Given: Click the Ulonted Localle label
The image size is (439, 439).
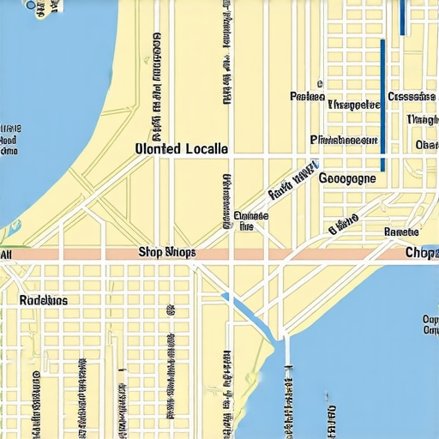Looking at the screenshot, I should pyautogui.click(x=182, y=148).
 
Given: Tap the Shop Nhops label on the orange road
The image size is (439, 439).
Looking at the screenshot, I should pyautogui.click(x=167, y=253).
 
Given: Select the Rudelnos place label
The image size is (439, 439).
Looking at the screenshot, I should pyautogui.click(x=43, y=301).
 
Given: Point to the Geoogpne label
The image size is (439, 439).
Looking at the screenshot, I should pyautogui.click(x=346, y=179).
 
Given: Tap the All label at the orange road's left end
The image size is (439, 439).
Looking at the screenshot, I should pyautogui.click(x=6, y=255).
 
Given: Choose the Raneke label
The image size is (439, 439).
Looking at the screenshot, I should pyautogui.click(x=401, y=232).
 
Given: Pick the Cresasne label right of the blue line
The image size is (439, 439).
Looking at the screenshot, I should pyautogui.click(x=412, y=97).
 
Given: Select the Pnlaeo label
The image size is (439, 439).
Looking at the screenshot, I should pyautogui.click(x=306, y=96).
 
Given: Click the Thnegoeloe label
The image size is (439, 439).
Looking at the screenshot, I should pyautogui.click(x=353, y=105).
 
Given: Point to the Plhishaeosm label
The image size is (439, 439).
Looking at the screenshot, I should pyautogui.click(x=344, y=139).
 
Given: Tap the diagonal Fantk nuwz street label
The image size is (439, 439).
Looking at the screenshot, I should pyautogui.click(x=292, y=182).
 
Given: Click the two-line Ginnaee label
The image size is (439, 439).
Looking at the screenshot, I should pyautogui.click(x=250, y=221).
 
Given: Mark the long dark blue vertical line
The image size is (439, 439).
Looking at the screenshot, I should pyautogui.click(x=382, y=107).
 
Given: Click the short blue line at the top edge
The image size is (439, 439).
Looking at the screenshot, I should pyautogui.click(x=401, y=15).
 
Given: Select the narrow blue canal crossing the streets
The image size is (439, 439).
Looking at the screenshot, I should pyautogui.click(x=249, y=317).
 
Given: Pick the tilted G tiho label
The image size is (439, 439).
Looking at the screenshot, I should pyautogui.click(x=342, y=226).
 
